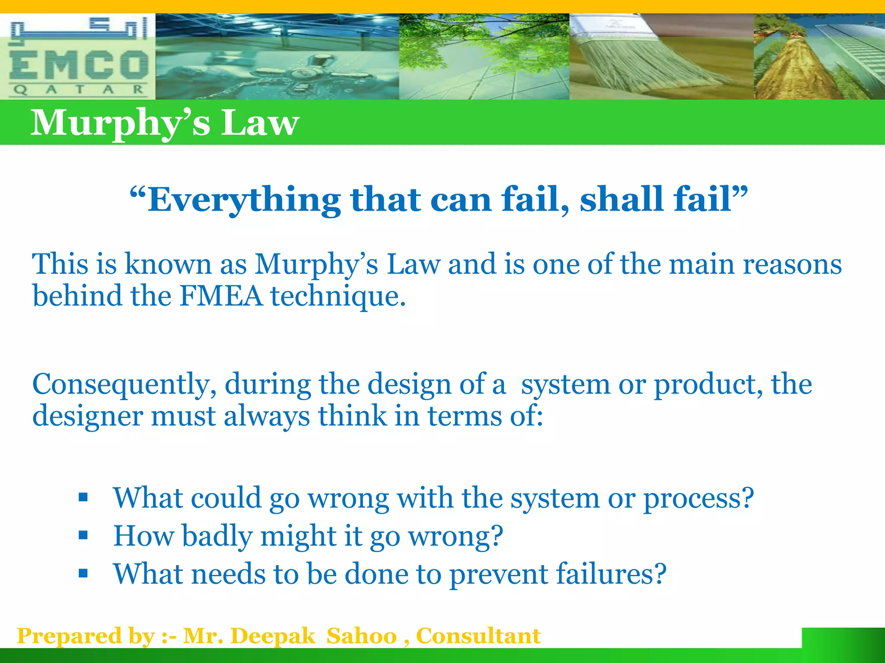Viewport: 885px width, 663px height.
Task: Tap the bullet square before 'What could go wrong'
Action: (x=83, y=498)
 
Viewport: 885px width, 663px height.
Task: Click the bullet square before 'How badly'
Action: (x=83, y=536)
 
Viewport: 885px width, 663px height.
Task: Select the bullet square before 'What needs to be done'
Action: (x=83, y=574)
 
